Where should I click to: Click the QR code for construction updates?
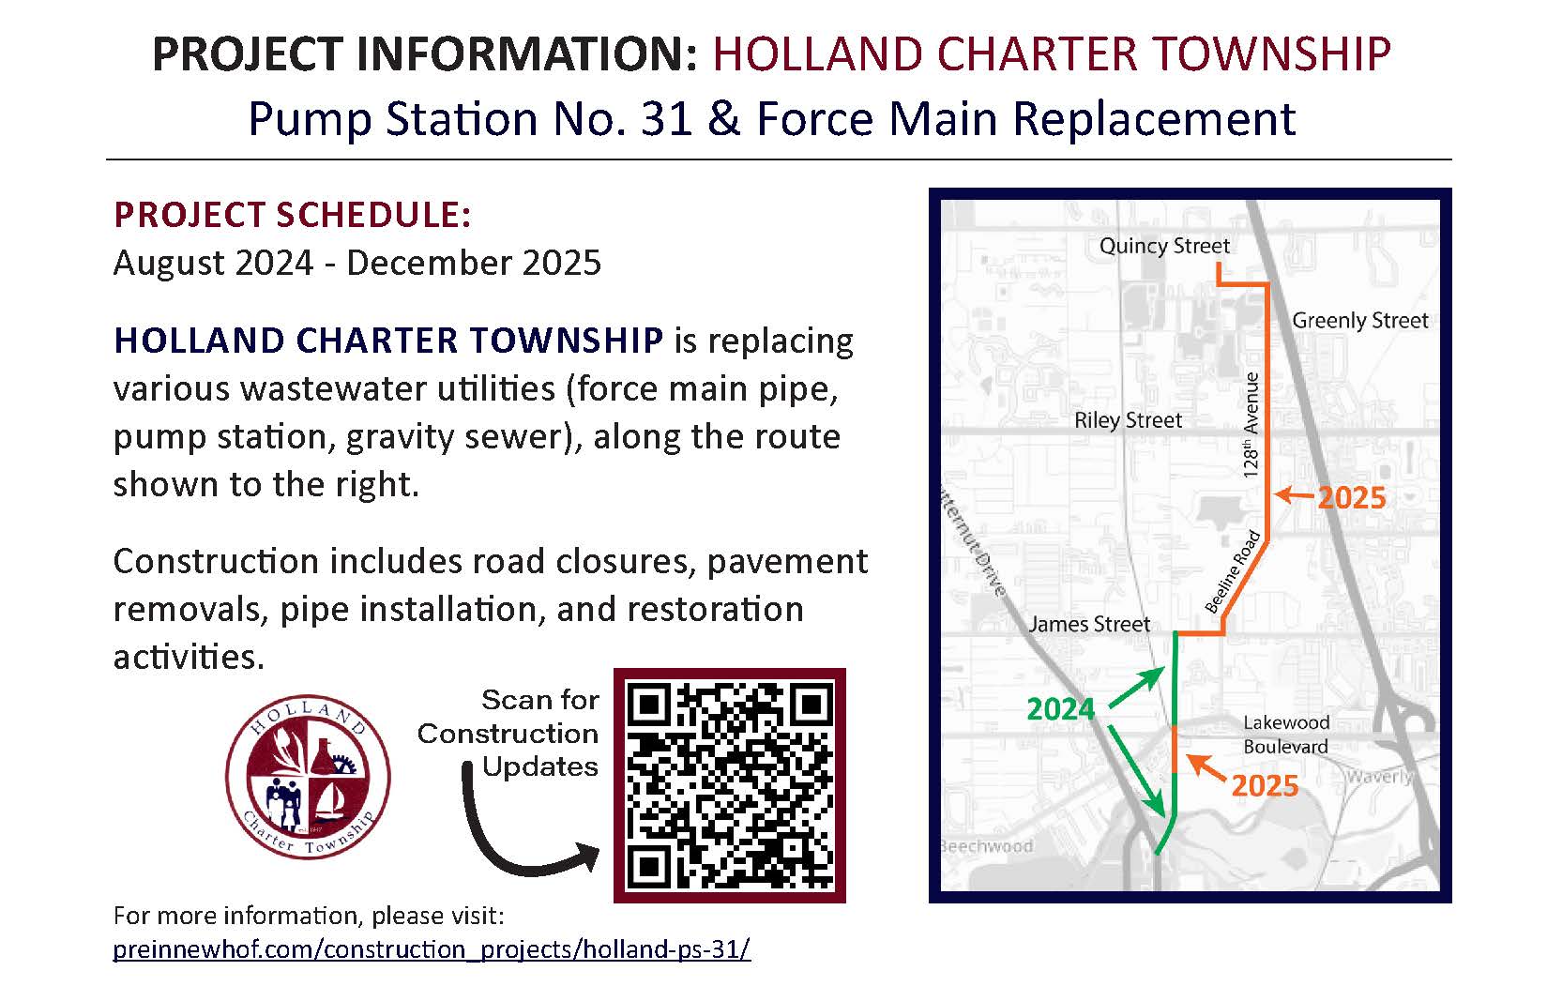tap(729, 785)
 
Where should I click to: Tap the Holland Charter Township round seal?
tap(308, 777)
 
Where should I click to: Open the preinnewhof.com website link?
tap(431, 949)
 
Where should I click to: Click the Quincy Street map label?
tap(1163, 246)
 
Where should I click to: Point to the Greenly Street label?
tap(1359, 321)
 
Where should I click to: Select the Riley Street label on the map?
tap(1128, 420)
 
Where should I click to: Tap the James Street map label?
tap(1088, 624)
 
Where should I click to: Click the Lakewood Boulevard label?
tap(1285, 735)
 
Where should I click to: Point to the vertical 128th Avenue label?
tap(1251, 426)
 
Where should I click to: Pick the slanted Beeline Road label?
tap(1232, 572)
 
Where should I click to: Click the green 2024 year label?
tap(1060, 709)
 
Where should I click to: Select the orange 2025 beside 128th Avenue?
tap(1351, 498)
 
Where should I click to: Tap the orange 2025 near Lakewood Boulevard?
tap(1265, 786)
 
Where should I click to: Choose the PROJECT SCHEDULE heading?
tap(292, 215)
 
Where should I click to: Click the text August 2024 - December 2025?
tap(356, 263)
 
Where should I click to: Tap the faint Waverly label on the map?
tap(1378, 777)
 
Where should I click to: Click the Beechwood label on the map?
tap(986, 846)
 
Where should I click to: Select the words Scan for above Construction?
tap(539, 700)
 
